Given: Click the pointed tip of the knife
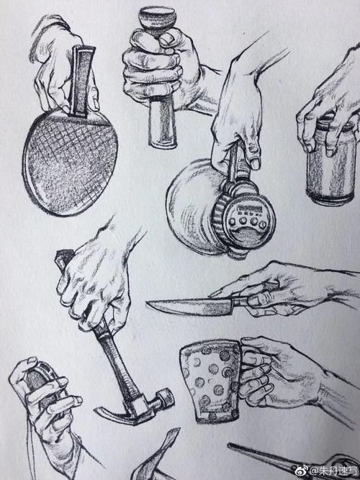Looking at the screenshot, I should [149, 304].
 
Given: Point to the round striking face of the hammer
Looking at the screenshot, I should [167, 396].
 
